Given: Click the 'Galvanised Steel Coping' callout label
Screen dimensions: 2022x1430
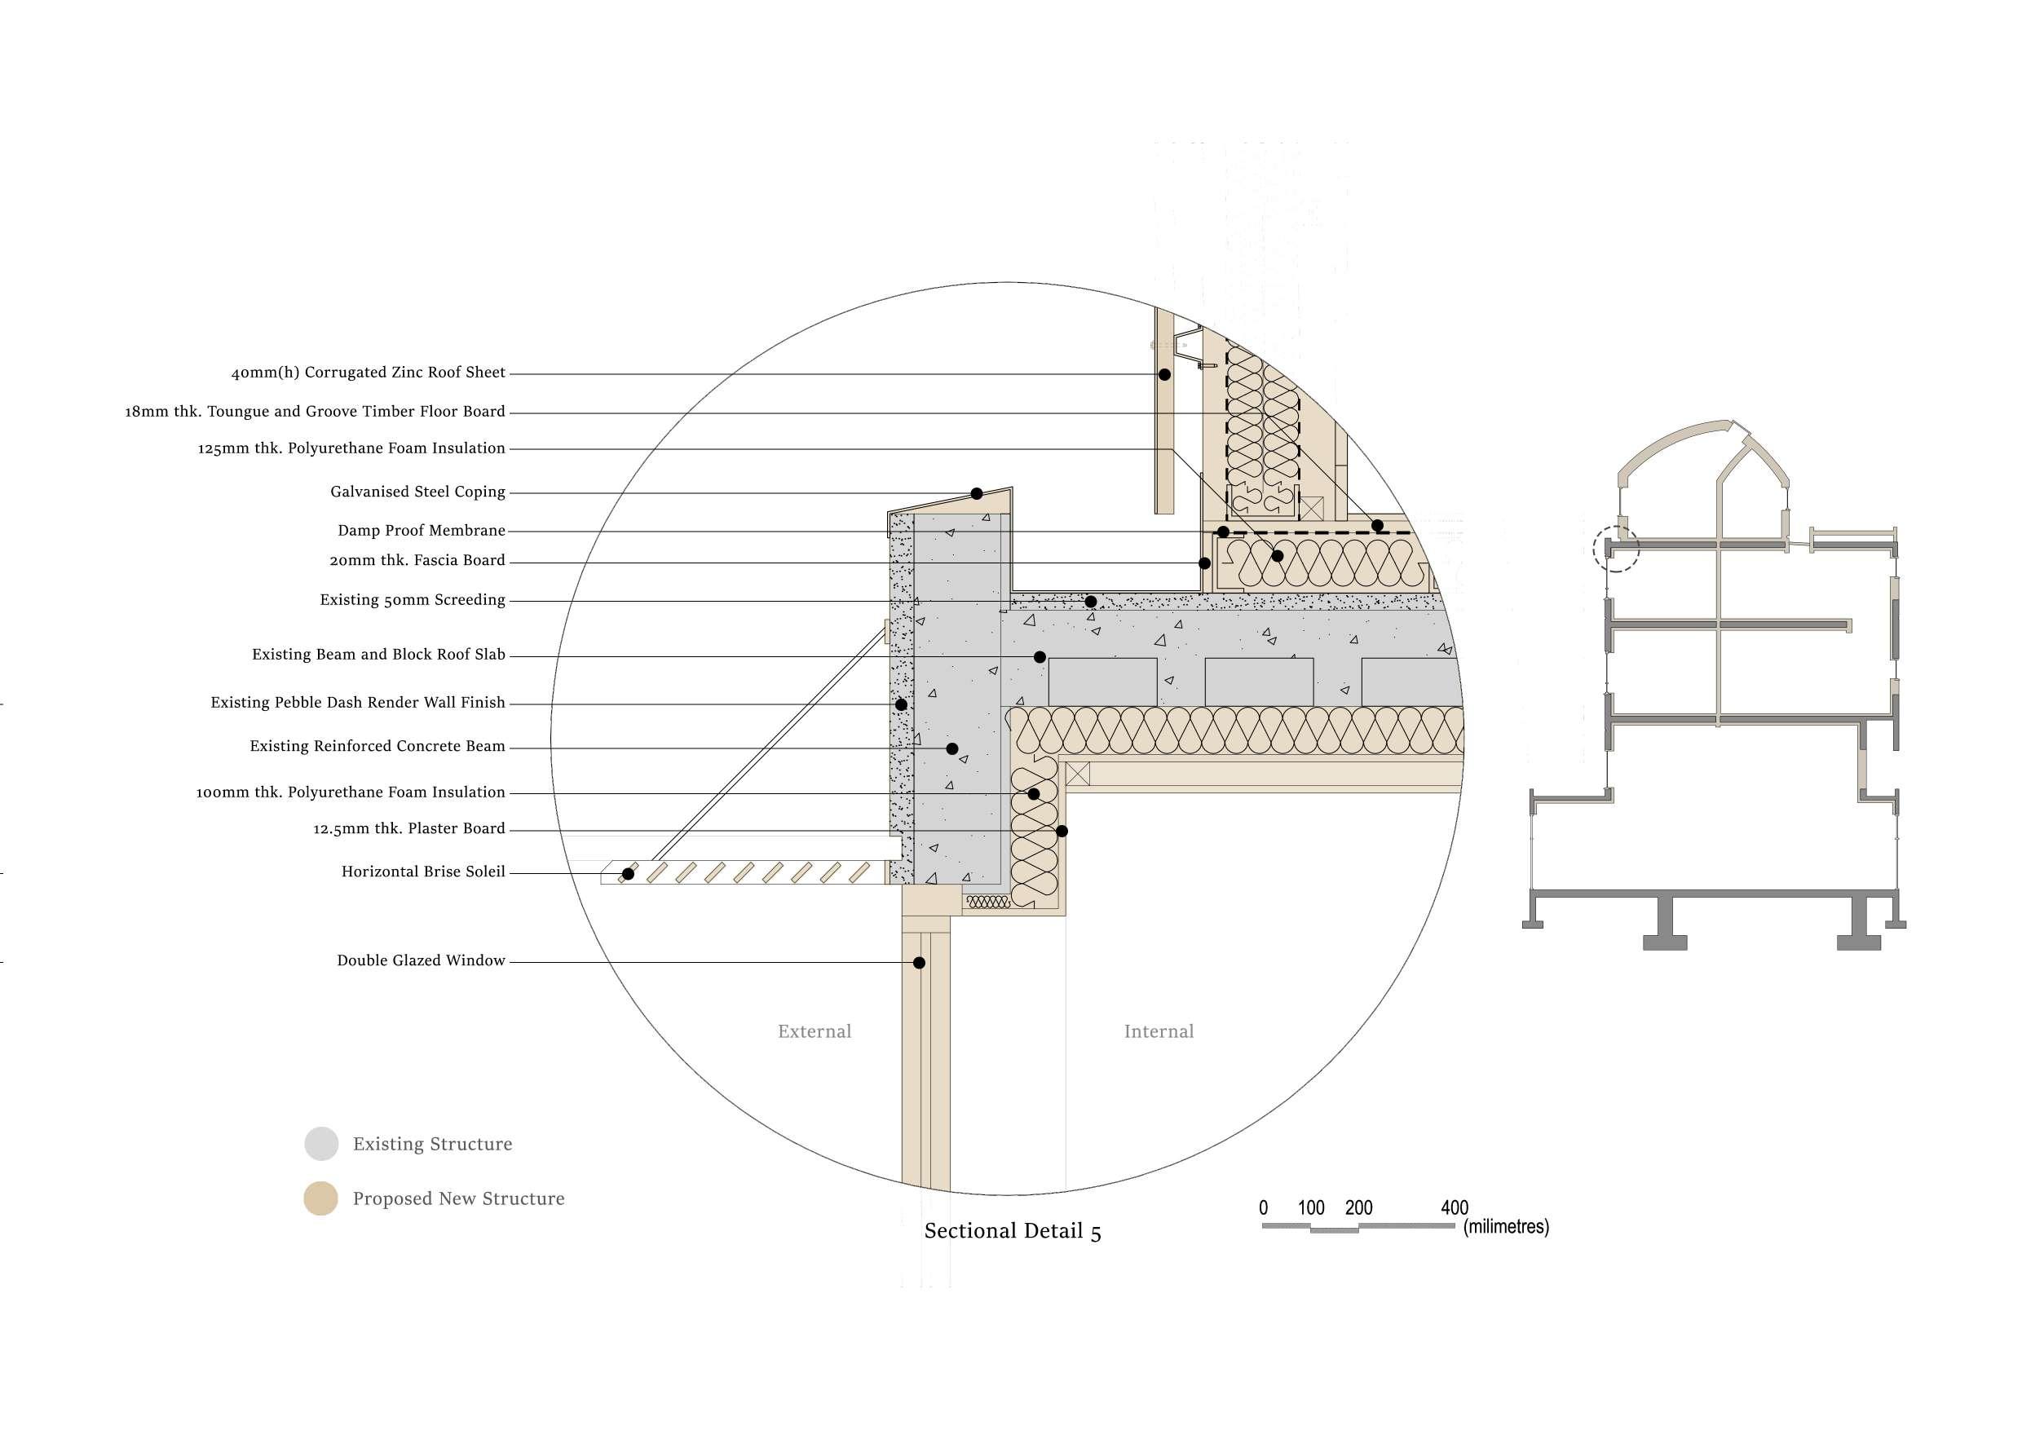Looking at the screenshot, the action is [x=417, y=492].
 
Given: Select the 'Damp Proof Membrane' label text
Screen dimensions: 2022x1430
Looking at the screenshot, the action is [x=421, y=530].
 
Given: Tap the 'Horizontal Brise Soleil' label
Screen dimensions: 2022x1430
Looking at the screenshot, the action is [x=422, y=871].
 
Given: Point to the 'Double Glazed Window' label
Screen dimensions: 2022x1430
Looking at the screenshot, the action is [x=421, y=960].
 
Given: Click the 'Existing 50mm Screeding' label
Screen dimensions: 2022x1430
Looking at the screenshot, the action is [x=413, y=600].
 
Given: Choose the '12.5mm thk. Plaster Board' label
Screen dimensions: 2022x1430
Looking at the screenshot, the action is [x=408, y=828].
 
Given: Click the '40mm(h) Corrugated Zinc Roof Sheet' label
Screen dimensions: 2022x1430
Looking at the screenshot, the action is [x=368, y=373].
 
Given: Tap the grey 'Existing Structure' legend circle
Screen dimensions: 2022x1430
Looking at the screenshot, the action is [x=321, y=1144].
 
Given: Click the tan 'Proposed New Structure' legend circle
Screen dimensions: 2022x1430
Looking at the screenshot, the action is [x=321, y=1198].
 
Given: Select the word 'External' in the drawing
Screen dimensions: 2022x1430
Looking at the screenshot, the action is [x=814, y=1031].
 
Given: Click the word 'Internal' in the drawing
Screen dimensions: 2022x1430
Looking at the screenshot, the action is [x=1158, y=1031].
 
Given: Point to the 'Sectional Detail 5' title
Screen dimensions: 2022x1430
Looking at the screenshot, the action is [x=1012, y=1231].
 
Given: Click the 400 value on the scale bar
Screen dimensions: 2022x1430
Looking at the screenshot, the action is [x=1454, y=1207].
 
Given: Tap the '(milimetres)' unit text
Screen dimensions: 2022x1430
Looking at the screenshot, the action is [x=1506, y=1227].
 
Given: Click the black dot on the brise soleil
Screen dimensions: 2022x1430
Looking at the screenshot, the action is [x=628, y=873].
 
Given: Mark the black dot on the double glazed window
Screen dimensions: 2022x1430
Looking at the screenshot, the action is [x=919, y=962].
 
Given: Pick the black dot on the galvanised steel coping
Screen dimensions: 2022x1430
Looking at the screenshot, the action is [x=977, y=493].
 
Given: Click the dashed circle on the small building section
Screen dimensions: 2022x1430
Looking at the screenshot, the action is [x=1616, y=549].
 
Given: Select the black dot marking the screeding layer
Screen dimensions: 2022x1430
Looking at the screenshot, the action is [x=1090, y=602].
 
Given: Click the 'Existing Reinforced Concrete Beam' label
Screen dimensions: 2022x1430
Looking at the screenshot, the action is [x=377, y=746].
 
